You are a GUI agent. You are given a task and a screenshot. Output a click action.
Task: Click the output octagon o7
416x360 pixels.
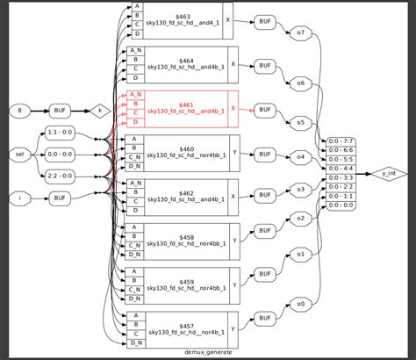pos(300,32)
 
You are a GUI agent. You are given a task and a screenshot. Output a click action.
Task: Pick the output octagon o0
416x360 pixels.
pos(300,304)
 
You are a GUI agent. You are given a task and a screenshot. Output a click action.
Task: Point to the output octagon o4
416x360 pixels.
pos(300,157)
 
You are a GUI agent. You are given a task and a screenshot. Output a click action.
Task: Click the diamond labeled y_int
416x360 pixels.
pos(387,173)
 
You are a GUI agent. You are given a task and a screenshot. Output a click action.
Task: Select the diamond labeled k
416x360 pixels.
pos(102,110)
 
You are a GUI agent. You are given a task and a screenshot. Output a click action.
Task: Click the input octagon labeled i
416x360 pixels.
pos(19,198)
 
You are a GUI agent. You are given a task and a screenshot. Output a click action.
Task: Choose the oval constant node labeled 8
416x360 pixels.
pos(19,110)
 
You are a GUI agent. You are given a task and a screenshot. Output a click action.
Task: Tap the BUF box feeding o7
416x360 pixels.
pos(263,21)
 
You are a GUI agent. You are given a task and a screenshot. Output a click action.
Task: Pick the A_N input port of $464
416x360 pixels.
pos(135,50)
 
